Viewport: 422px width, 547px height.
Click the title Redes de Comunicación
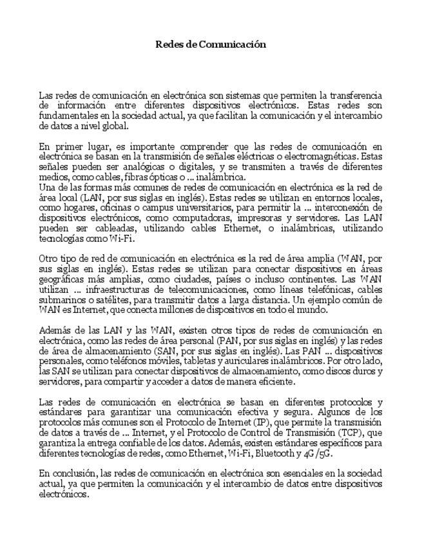click(x=211, y=45)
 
